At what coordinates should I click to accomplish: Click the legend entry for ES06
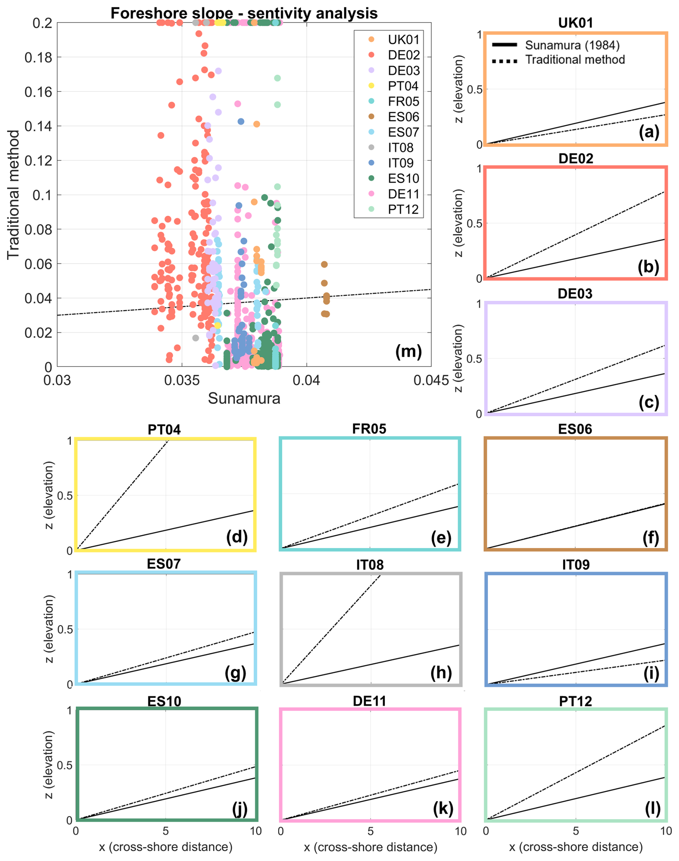[403, 117]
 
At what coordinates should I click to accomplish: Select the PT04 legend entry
[403, 86]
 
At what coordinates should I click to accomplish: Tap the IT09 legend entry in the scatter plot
[401, 163]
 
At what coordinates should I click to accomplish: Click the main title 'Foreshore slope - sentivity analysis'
[244, 13]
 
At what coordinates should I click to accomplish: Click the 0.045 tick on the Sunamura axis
[431, 380]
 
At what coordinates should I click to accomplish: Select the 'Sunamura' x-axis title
[244, 398]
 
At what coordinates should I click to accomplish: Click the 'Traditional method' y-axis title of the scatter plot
[14, 195]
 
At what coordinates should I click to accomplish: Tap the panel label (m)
[408, 351]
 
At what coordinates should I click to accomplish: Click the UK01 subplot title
[575, 23]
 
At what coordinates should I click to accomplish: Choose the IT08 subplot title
[370, 565]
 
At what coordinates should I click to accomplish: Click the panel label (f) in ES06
[651, 538]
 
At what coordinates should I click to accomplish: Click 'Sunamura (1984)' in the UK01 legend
[572, 45]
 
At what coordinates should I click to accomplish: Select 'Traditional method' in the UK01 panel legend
[575, 60]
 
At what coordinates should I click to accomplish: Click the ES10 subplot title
[164, 701]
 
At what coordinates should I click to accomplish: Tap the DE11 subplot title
[370, 701]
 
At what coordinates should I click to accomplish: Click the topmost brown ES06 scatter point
[324, 265]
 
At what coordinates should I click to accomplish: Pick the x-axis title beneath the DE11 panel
[370, 847]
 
